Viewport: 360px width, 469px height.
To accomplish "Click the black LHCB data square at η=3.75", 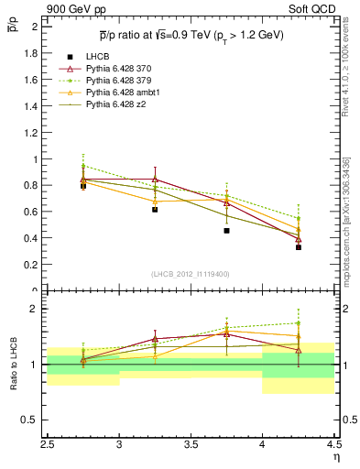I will [226, 231].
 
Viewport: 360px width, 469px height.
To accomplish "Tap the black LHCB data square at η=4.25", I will [299, 247].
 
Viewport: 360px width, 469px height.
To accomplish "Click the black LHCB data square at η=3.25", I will [155, 210].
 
